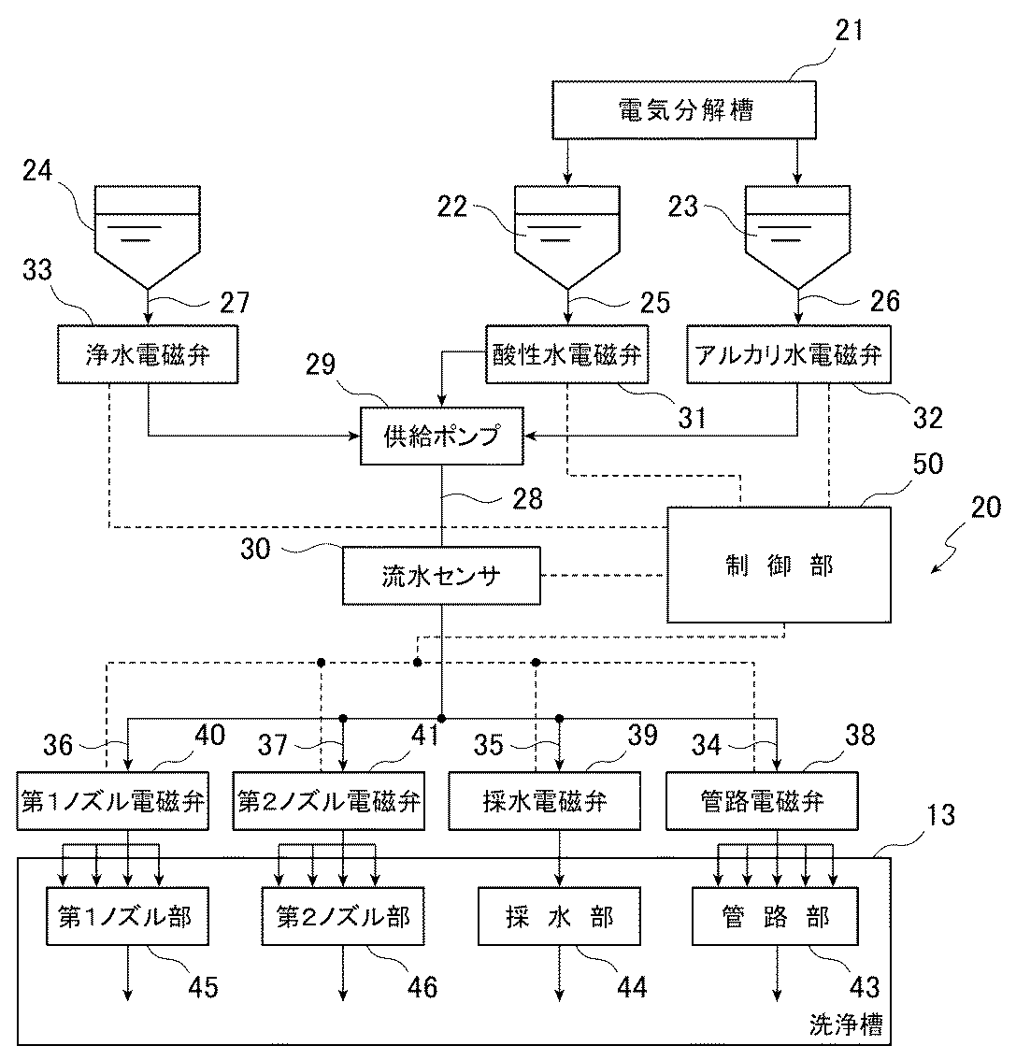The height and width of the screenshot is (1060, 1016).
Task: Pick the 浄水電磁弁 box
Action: (x=149, y=354)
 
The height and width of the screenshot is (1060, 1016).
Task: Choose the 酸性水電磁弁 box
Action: (x=567, y=354)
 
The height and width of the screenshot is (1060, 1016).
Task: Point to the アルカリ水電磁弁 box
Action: (x=789, y=354)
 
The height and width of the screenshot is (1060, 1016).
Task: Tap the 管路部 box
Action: (x=775, y=917)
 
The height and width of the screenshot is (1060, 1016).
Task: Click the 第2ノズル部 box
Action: (x=344, y=917)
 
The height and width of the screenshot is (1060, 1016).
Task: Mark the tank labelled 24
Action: (x=148, y=234)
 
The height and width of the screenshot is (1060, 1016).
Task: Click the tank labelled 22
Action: (x=566, y=234)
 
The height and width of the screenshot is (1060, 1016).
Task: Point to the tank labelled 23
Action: (x=796, y=234)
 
